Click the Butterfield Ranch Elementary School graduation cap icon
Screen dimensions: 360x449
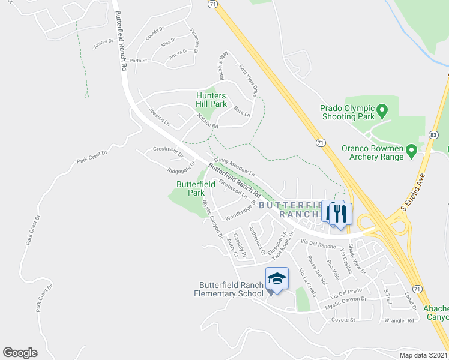click(277, 278)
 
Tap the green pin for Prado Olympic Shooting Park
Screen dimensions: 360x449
click(382, 111)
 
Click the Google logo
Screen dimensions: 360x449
click(20, 353)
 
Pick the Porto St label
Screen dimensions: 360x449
click(138, 61)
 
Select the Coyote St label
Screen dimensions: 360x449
click(343, 320)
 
